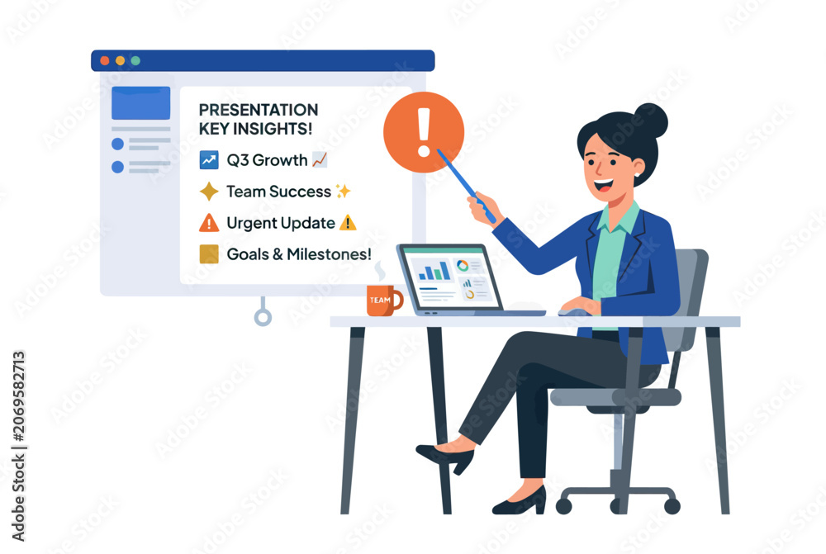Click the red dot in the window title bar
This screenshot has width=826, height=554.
[x=105, y=60]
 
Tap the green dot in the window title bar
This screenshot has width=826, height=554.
[x=135, y=60]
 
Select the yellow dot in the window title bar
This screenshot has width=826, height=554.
[x=120, y=60]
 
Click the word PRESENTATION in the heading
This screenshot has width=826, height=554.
[x=258, y=110]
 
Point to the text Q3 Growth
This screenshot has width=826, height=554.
[x=267, y=160]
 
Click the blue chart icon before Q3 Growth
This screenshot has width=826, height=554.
[x=209, y=159]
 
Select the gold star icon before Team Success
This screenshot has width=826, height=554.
[x=209, y=192]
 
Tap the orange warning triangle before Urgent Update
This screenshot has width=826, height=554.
[x=209, y=223]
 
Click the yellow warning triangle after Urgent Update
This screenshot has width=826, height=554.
[x=348, y=223]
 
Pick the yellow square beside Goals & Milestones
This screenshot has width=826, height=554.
[x=209, y=253]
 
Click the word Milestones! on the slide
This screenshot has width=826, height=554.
[x=330, y=254]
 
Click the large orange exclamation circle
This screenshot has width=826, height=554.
[x=424, y=132]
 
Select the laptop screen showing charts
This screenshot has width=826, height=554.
[x=451, y=278]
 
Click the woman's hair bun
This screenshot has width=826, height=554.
[x=651, y=121]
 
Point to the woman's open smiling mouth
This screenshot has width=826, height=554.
[x=603, y=186]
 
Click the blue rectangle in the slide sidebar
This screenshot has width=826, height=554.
[x=140, y=102]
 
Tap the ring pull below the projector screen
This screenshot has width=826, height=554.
[x=263, y=317]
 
